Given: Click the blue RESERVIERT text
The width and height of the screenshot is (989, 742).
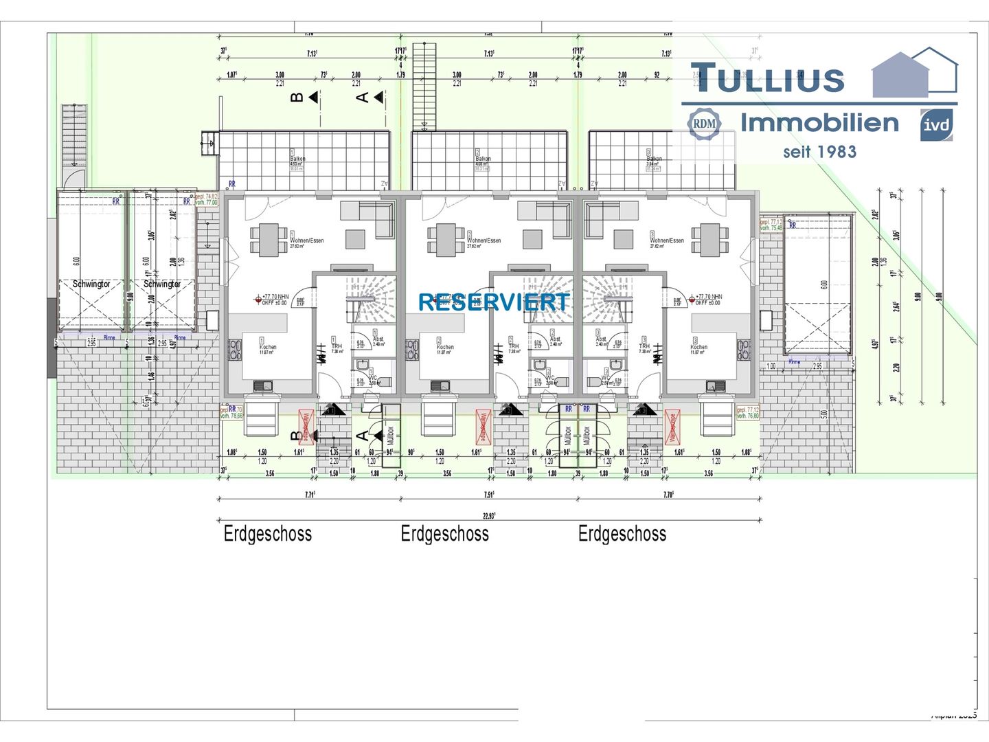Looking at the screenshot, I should pos(494,302).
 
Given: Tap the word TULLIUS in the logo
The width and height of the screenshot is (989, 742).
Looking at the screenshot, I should pos(767,78).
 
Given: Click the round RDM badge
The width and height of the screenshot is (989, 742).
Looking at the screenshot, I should pos(704,124).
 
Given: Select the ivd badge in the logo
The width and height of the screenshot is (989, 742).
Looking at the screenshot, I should pos(936,125).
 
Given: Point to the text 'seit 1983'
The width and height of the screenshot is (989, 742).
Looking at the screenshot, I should pos(819,152).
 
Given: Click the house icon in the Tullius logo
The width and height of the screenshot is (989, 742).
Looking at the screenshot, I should pos(914,73).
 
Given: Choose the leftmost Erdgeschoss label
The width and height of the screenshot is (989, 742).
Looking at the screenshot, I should pos(268,534).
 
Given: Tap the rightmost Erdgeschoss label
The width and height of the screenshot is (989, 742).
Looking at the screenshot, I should pos(622,534).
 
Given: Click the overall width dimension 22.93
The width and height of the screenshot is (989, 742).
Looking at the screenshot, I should pos(489,515).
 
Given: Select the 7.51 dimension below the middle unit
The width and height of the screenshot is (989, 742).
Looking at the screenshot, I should pos(489,494).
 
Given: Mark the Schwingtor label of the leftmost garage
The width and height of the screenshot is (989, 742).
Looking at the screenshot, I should pos(91,284).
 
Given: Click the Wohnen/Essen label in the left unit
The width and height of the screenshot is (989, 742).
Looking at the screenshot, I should pos(307,240).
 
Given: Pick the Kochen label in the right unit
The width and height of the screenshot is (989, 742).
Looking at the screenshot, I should pos(698,347).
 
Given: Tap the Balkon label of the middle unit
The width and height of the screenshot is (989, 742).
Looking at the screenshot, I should pos(483,159).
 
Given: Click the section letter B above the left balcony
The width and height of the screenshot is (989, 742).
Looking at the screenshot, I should pos(297,98).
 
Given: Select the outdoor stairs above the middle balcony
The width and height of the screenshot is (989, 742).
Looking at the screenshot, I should pos(424,86).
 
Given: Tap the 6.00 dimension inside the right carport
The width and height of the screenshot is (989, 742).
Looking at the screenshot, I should pos(823,284).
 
